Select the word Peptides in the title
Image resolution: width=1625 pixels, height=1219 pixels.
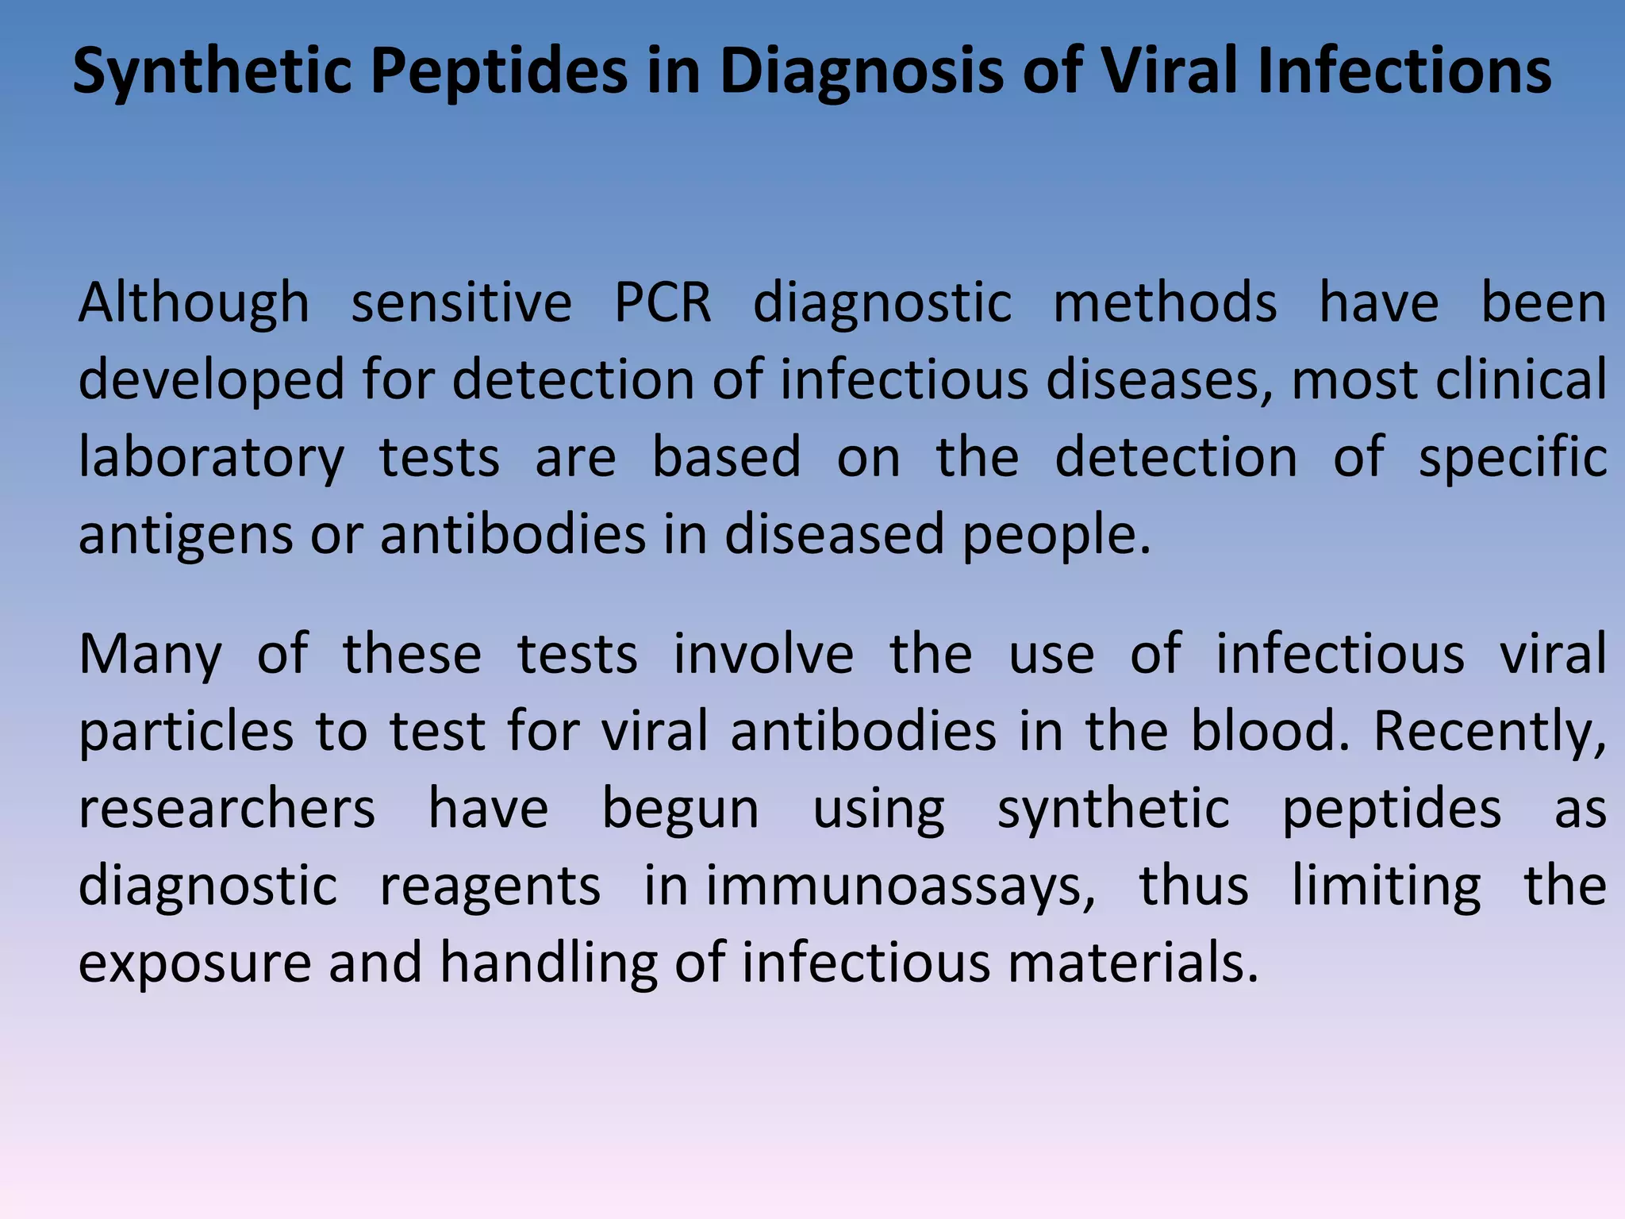pyautogui.click(x=498, y=71)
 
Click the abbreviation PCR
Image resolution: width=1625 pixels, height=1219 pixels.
pyautogui.click(x=663, y=303)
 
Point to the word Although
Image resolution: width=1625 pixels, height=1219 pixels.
pyautogui.click(x=194, y=303)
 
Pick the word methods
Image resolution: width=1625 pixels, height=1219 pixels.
pyautogui.click(x=1165, y=303)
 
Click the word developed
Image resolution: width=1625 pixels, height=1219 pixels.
pyautogui.click(x=211, y=379)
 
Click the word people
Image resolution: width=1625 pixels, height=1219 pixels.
pyautogui.click(x=1055, y=535)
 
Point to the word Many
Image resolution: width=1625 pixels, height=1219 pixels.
pyautogui.click(x=150, y=656)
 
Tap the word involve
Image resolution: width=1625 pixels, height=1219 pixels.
pyautogui.click(x=763, y=654)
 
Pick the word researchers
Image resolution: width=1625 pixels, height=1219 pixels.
pyautogui.click(x=227, y=809)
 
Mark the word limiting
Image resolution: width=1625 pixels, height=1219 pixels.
pyautogui.click(x=1385, y=886)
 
